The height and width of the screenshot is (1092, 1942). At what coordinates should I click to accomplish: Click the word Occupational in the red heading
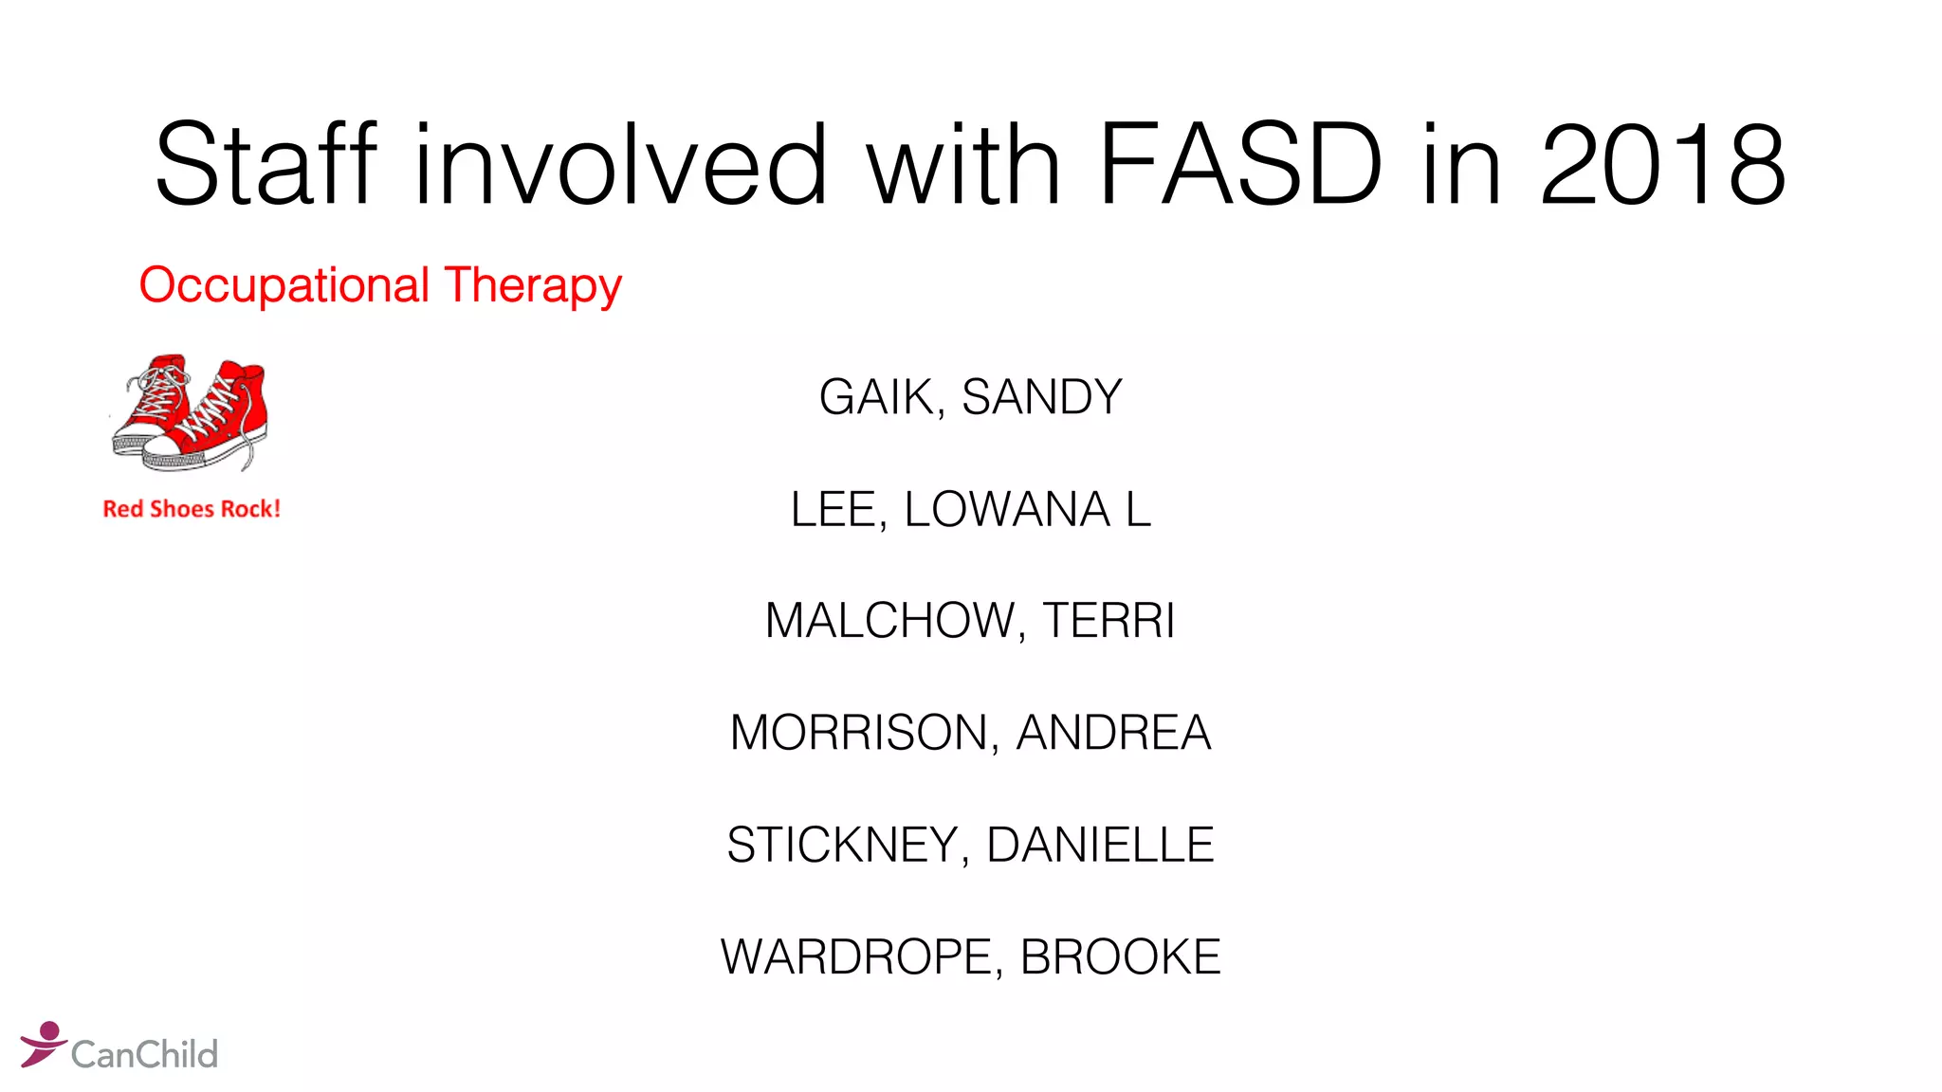(284, 285)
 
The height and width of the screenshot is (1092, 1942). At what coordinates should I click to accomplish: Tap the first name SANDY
(1042, 397)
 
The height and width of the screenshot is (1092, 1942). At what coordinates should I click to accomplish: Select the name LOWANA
(1006, 509)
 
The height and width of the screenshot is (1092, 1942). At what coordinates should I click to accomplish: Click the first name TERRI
(1108, 621)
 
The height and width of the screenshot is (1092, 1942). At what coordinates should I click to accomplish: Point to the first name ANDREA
(1113, 733)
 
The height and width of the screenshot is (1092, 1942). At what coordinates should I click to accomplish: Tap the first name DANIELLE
(1100, 845)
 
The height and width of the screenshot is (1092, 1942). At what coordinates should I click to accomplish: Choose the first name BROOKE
(1120, 956)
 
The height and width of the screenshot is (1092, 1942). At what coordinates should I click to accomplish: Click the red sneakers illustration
(191, 413)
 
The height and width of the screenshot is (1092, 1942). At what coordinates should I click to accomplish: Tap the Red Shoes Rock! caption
(192, 509)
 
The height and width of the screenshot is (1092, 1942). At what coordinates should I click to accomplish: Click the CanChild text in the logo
(144, 1054)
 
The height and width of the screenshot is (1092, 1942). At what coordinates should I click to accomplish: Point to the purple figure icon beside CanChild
(43, 1043)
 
